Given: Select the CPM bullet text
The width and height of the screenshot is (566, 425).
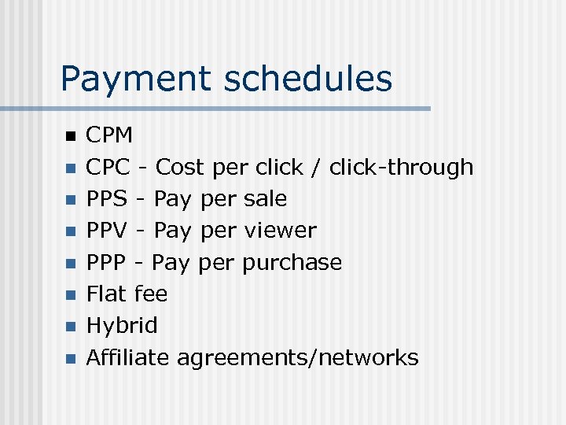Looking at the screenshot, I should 109,135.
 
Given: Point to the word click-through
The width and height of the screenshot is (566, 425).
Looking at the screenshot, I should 401,167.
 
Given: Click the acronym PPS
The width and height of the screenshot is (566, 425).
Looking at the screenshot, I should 107,198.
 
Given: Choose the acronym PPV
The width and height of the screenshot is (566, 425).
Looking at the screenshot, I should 107,231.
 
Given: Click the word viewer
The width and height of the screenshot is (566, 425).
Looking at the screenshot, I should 281,231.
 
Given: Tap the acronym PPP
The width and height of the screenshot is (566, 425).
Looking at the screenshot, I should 106,262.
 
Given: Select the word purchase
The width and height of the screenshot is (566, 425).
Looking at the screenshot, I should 292,263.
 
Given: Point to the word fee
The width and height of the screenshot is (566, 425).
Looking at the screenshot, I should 151,294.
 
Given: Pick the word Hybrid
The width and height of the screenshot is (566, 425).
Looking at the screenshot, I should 122,326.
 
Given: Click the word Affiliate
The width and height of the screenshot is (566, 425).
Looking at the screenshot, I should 127,357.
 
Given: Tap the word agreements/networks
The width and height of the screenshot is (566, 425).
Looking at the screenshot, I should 297,358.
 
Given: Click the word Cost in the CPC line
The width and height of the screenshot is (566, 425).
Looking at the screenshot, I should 179,167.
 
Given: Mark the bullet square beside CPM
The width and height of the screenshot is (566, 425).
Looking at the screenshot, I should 70,136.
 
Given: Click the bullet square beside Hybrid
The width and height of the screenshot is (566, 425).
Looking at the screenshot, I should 70,327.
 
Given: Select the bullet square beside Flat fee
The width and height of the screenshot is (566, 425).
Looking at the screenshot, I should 70,295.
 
